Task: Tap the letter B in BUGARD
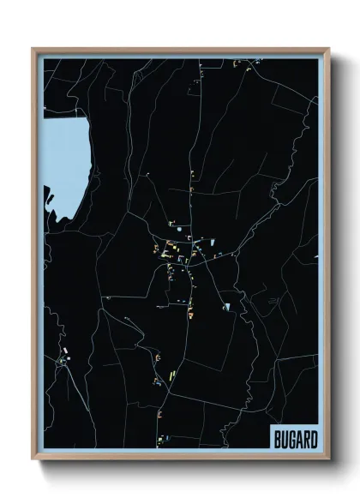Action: coord(277,438)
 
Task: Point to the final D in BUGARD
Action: coord(313,438)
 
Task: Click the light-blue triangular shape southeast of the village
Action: coord(227,305)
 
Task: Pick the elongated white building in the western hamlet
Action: coord(64,352)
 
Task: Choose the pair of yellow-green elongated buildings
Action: coord(171,375)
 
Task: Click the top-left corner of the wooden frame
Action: coord(33,49)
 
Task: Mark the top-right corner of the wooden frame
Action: coord(328,49)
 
